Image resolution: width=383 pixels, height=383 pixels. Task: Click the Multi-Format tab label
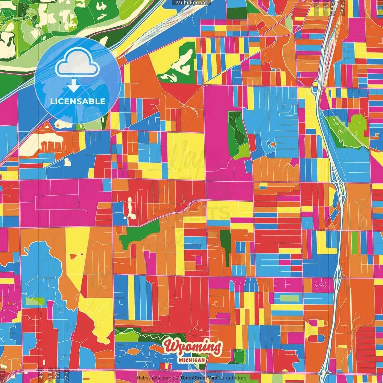[x=191, y=3]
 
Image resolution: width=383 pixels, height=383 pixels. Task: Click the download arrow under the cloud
[x=73, y=86]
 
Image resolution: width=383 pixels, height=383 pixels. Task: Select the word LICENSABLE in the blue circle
[x=78, y=101]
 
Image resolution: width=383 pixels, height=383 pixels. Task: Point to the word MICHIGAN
[x=192, y=360]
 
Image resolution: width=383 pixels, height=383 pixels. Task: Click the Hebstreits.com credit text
[x=154, y=378]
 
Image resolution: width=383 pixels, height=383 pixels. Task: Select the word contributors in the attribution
[x=232, y=378]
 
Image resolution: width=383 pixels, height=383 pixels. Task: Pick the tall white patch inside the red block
[x=130, y=207]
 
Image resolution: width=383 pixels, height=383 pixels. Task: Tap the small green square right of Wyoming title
[x=239, y=356]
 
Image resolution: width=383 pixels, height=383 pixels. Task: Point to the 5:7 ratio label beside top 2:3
[x=325, y=8]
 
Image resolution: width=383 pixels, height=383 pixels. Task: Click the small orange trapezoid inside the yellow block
[x=73, y=256]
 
